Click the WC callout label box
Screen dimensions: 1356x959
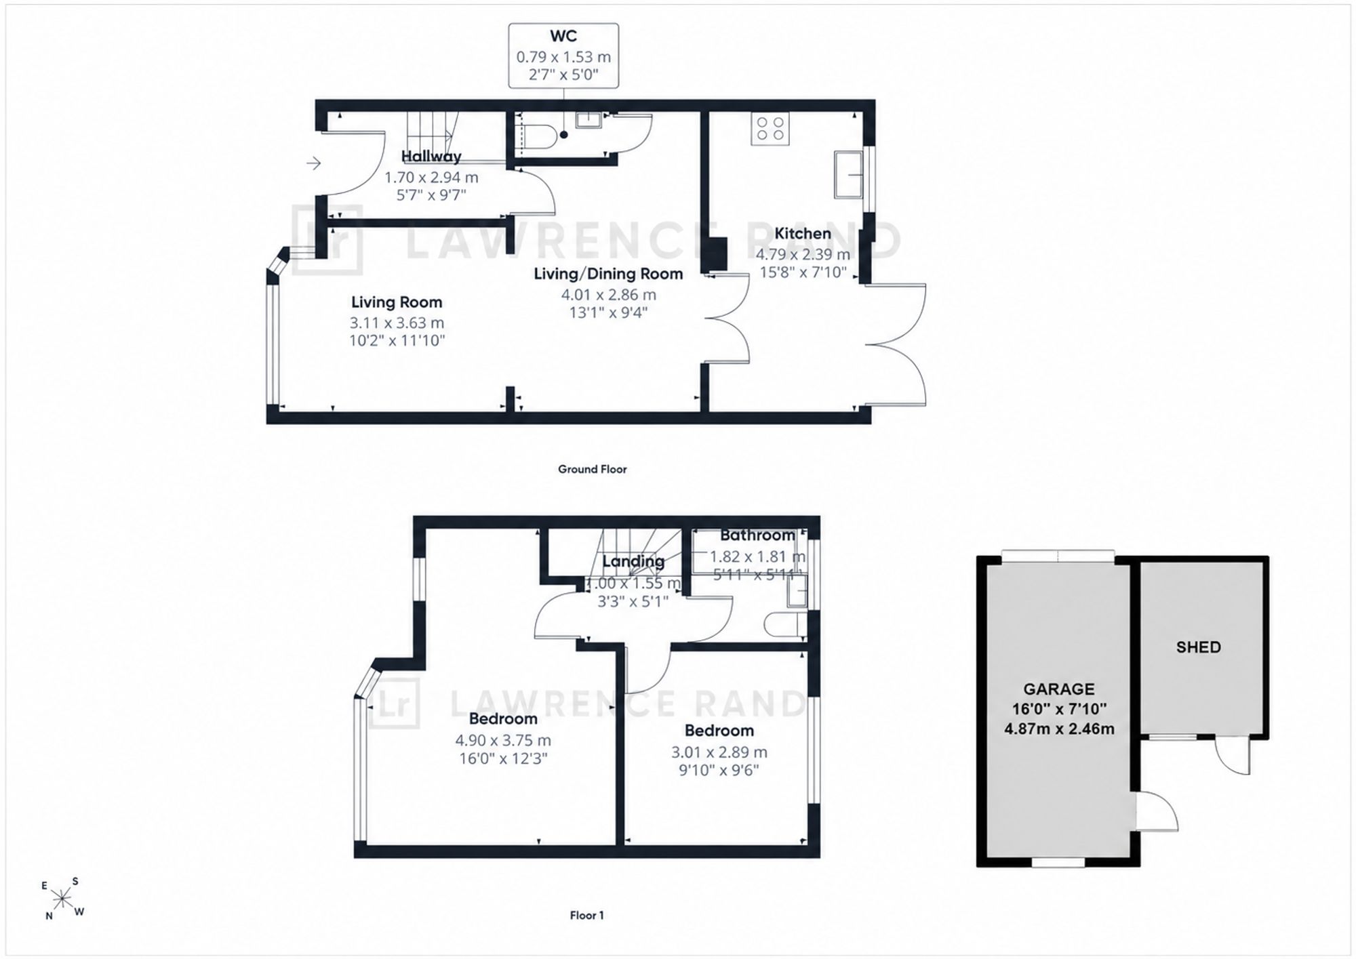click(x=563, y=56)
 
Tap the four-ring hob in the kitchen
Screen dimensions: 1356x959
click(x=770, y=129)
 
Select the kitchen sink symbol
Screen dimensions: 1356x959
click(x=848, y=174)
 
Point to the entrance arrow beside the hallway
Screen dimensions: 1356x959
click(x=313, y=163)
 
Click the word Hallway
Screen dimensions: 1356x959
click(x=431, y=157)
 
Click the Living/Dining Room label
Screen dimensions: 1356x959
click(x=608, y=274)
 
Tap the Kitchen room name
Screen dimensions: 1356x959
click(x=803, y=234)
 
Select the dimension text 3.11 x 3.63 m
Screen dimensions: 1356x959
click(x=397, y=323)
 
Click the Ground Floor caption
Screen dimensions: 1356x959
click(x=592, y=469)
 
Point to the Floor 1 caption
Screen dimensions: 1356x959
click(x=586, y=915)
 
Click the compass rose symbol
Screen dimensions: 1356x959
click(x=62, y=899)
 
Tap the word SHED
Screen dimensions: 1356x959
click(x=1198, y=647)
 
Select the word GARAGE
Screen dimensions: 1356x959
click(x=1058, y=689)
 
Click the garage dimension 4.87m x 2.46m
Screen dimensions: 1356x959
click(x=1059, y=729)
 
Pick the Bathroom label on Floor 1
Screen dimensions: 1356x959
click(x=757, y=535)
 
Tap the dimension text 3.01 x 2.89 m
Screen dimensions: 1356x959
click(x=719, y=752)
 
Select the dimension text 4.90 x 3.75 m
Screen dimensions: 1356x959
click(x=503, y=740)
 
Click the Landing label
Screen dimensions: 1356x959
click(x=633, y=562)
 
